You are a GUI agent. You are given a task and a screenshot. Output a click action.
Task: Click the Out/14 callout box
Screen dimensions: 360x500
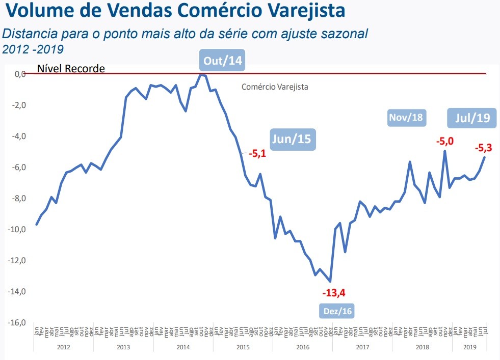point(222,61)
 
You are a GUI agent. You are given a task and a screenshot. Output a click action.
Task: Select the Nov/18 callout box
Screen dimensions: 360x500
point(406,118)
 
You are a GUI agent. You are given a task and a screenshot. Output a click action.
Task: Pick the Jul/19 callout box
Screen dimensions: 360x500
point(469,118)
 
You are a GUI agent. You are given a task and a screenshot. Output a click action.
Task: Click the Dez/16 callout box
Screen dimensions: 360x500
point(337,311)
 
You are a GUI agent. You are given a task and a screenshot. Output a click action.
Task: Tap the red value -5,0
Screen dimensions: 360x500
point(444,141)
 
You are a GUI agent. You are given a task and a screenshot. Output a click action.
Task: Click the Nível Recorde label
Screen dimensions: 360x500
point(71,68)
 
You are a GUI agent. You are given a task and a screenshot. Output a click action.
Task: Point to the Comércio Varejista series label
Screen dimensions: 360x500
point(275,87)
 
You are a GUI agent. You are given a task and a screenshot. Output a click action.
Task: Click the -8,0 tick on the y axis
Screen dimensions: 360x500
point(17,199)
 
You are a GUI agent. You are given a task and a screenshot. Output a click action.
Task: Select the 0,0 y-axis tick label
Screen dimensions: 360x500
point(19,74)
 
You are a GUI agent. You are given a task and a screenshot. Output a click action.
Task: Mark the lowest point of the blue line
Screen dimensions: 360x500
point(331,281)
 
